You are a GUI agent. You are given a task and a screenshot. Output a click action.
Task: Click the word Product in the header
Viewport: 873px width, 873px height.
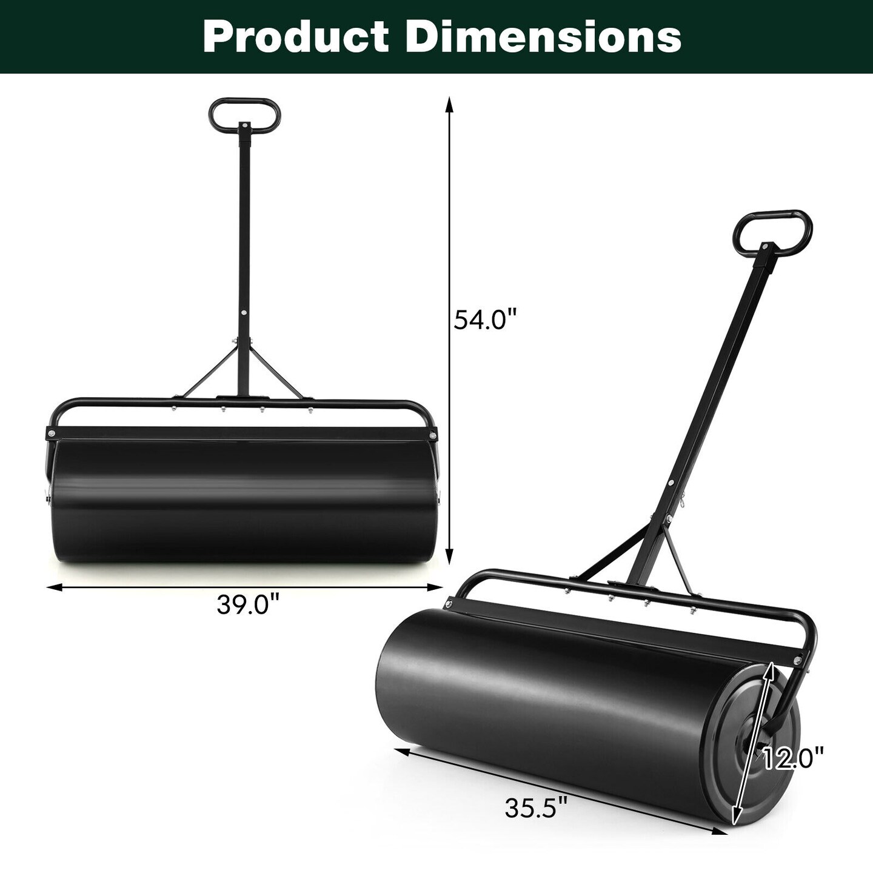click(x=295, y=37)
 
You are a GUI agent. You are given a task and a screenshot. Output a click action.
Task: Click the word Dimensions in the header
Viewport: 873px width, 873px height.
click(x=543, y=37)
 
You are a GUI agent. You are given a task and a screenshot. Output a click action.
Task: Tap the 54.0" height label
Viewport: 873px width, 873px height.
click(x=485, y=320)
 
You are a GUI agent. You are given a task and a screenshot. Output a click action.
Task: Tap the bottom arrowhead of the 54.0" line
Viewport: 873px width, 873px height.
click(x=449, y=557)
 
